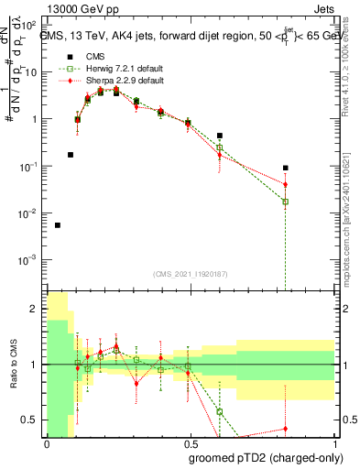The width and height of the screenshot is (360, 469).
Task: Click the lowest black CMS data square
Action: point(58,224)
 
